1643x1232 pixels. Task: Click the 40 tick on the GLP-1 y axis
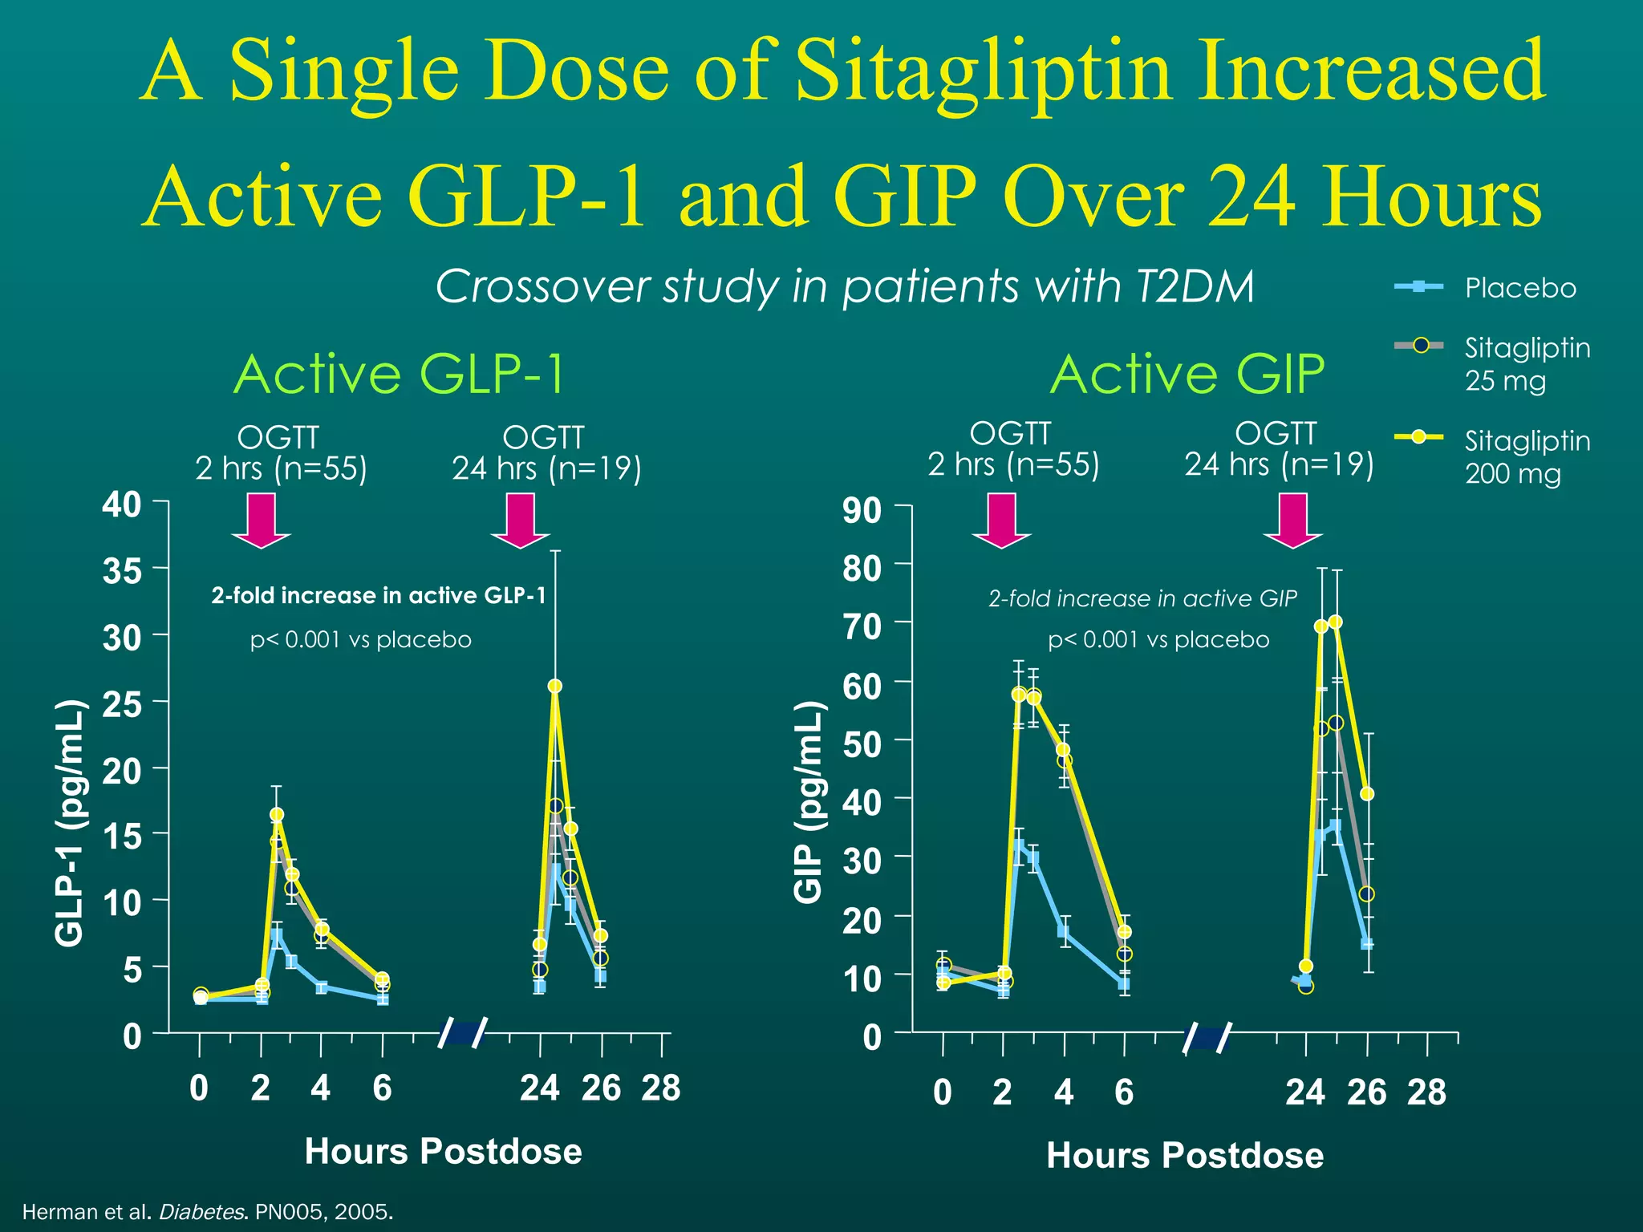(x=122, y=505)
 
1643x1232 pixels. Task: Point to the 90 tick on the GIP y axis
(x=862, y=509)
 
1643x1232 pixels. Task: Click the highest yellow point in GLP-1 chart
(x=554, y=686)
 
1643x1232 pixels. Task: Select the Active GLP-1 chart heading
(x=399, y=374)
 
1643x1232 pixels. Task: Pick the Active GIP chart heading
(x=1187, y=374)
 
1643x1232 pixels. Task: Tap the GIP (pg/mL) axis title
(x=809, y=801)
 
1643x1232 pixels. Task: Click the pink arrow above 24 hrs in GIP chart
(x=1292, y=521)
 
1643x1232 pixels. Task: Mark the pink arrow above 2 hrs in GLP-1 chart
(x=262, y=521)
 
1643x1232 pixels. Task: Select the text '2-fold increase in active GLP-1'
(x=378, y=595)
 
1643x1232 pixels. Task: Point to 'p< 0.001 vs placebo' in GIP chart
(x=1158, y=639)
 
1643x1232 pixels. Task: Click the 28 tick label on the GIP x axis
(x=1426, y=1092)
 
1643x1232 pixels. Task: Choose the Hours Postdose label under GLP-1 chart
(x=443, y=1151)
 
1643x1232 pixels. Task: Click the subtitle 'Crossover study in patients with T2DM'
(x=844, y=286)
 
